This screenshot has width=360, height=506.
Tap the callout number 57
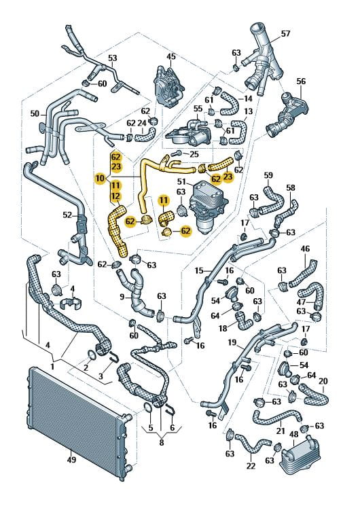coord(285,33)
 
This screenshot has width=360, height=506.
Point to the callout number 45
coord(170,56)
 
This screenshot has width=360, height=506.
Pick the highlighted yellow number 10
coord(100,178)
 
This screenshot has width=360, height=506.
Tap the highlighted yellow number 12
coord(116,196)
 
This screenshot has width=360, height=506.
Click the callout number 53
coord(112,58)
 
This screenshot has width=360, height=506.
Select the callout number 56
coord(301,82)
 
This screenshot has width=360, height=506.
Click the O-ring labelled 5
coord(147,409)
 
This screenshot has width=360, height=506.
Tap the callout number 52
coord(67,215)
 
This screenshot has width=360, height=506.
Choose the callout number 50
coord(35,113)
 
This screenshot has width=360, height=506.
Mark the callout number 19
coord(232,342)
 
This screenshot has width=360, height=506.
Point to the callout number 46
coord(305,249)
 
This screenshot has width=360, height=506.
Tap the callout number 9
coord(122,296)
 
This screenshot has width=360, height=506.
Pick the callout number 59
coord(268,175)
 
